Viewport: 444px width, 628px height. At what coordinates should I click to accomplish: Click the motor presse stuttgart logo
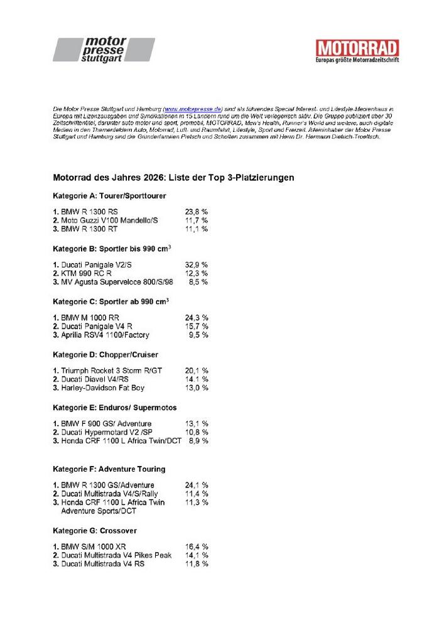click(104, 50)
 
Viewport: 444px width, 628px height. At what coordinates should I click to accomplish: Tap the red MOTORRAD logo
click(357, 51)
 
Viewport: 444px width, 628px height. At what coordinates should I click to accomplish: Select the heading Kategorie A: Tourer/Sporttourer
click(109, 196)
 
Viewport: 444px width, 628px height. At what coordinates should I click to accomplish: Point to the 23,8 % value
click(196, 212)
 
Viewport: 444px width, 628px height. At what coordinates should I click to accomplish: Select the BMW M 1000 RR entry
click(89, 317)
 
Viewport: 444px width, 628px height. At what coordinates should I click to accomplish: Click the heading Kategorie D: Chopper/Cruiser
click(106, 355)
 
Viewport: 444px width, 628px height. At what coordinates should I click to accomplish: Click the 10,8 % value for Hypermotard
click(196, 432)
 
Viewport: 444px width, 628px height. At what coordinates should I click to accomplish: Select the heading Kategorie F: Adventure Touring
click(109, 469)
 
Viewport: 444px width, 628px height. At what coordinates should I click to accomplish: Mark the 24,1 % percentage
click(196, 485)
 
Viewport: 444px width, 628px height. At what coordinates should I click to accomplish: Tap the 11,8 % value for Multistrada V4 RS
click(196, 564)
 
